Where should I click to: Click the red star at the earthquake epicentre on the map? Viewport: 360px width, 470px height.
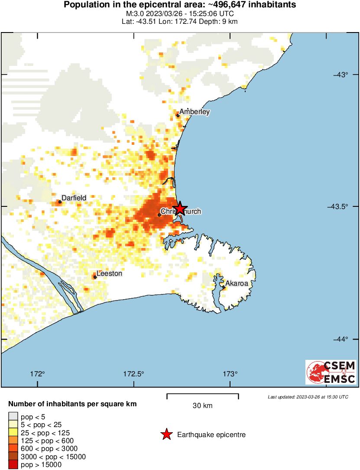[179, 209]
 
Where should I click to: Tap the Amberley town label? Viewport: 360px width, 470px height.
[195, 112]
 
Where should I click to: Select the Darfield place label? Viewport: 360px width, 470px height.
[74, 198]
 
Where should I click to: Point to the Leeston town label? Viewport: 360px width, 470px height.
[109, 274]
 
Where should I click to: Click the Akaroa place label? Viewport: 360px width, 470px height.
[237, 284]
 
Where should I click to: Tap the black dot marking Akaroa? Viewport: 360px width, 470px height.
[224, 287]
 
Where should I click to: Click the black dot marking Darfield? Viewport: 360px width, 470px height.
[60, 202]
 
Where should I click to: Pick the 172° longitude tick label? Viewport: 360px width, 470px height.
[38, 374]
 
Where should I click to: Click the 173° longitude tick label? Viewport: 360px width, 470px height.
[230, 374]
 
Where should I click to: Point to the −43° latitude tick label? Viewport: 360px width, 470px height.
[341, 75]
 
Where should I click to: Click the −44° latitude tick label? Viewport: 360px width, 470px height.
[341, 339]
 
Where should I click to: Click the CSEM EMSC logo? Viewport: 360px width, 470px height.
[331, 372]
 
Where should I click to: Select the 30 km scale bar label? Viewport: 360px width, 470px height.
[202, 406]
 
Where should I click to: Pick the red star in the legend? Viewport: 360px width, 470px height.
[166, 434]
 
